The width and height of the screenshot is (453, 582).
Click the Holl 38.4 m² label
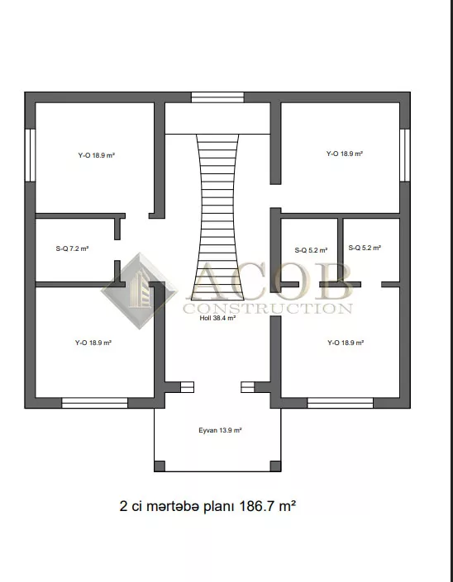(x=217, y=318)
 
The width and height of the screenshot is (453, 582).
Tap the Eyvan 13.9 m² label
(x=220, y=430)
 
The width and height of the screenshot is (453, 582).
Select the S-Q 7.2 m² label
(x=72, y=248)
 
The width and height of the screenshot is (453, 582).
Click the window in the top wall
(x=217, y=97)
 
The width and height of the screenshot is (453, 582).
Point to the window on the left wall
(x=30, y=155)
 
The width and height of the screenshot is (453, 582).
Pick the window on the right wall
(x=405, y=155)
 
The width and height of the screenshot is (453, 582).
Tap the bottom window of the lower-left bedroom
(x=95, y=403)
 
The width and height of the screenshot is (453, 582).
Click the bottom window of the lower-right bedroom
(x=341, y=403)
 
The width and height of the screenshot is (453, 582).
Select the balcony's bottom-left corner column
(x=160, y=466)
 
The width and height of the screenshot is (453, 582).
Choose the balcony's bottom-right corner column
(x=275, y=466)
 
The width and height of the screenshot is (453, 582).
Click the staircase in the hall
(x=217, y=217)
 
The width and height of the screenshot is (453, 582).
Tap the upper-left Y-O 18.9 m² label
(x=96, y=155)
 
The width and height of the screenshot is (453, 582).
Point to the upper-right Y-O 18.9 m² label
(x=345, y=154)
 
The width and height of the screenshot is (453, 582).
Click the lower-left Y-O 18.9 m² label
(x=93, y=343)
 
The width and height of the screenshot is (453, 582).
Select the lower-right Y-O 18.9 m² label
(x=346, y=343)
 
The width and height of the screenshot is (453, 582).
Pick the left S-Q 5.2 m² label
(x=311, y=250)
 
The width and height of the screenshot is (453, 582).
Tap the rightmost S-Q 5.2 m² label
(x=365, y=248)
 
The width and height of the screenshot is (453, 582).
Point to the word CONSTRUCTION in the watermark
(x=268, y=308)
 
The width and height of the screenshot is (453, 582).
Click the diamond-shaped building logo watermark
(x=140, y=291)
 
